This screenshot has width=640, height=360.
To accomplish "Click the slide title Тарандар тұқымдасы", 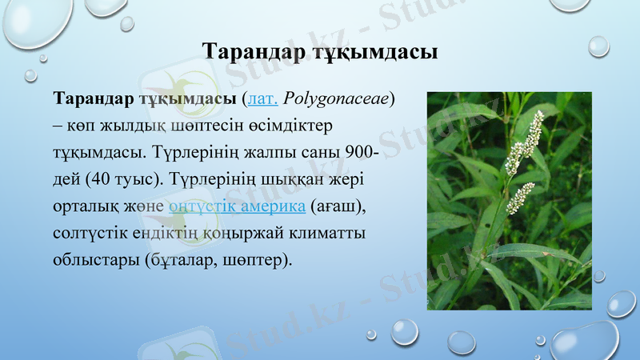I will point(319,53).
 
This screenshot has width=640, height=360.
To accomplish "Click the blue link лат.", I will point(263,100).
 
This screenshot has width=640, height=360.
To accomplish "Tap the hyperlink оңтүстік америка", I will point(238,206).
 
